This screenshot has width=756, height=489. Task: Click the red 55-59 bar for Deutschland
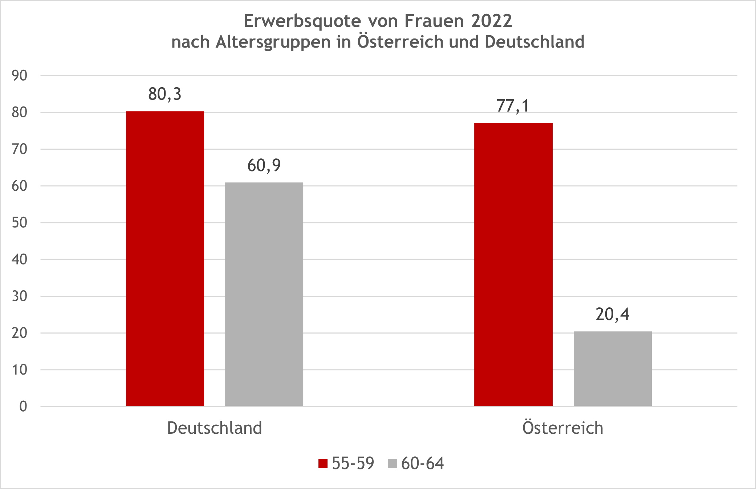coord(165,258)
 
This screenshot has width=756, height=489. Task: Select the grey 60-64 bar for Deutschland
coord(264,294)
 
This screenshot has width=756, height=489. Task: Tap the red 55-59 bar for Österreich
coord(513,264)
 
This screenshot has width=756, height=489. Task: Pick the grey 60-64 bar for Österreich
coord(613,368)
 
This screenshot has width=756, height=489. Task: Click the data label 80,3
coord(165,94)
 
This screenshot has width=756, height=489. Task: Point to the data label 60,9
coord(264,166)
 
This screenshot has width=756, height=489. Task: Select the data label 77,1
coord(513,106)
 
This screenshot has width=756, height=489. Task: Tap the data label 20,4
coord(612,314)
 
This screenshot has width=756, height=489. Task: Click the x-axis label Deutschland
coord(214,428)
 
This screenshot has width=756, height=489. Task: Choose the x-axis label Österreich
coord(563,428)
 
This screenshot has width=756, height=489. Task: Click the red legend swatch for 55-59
coord(323,464)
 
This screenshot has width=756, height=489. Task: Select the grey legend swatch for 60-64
coord(393,464)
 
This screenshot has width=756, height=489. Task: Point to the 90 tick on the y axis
coord(19,76)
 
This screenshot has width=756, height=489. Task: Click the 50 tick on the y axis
coord(19,223)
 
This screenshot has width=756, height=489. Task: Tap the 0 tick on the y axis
coord(23,407)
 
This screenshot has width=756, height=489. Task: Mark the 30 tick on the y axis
coord(19,296)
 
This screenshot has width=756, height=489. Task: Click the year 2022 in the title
coord(492,21)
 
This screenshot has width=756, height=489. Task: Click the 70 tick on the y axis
coord(19,149)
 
